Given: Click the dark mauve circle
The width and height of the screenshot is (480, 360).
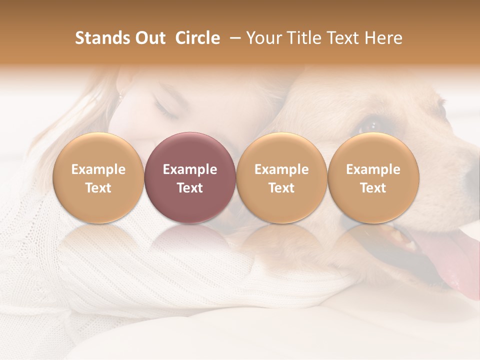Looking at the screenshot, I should coord(190,177).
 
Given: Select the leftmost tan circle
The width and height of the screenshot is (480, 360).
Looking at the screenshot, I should coord(98,177).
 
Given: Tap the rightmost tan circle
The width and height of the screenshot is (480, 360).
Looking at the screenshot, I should coord(373,177).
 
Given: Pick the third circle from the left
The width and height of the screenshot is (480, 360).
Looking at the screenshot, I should coord(281,177).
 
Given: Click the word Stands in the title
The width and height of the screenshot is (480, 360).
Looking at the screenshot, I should coord(102,38).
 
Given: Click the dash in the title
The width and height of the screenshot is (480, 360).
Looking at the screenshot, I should coord(233,38).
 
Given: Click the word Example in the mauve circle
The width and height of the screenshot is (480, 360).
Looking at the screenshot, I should coord(190,169).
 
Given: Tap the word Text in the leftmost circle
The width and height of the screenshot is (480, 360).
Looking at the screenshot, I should coord(98,188).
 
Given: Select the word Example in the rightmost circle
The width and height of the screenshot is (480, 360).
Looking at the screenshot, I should coord(373,169).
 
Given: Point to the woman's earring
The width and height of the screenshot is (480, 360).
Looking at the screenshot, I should coord(120,94).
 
